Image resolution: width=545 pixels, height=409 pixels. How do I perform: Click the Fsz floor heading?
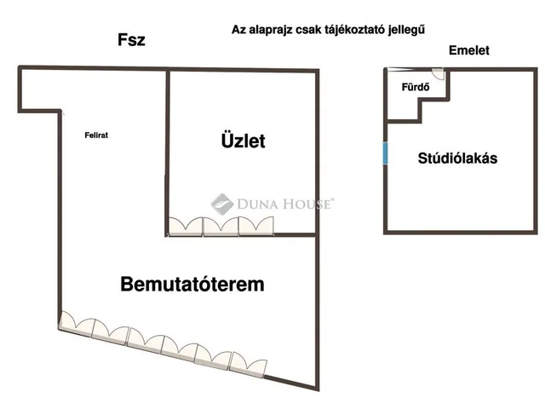click(x=131, y=40)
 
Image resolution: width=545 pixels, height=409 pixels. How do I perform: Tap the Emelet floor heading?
click(x=469, y=50)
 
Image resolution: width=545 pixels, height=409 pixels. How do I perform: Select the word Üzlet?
click(x=244, y=140)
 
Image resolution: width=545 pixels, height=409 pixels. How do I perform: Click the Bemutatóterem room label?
click(x=192, y=284)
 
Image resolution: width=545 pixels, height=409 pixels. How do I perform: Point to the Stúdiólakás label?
click(x=457, y=158)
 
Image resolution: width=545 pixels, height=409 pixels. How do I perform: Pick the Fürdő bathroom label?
click(x=416, y=87)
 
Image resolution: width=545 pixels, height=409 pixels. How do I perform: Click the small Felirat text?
click(x=96, y=135)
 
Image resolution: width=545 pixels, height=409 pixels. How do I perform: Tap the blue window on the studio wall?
click(x=385, y=153)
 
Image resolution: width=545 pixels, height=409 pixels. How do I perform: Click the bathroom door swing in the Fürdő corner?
click(x=438, y=74)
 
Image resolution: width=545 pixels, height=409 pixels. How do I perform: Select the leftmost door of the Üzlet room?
click(x=186, y=227)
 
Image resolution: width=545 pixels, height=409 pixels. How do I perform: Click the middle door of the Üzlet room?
click(x=221, y=227)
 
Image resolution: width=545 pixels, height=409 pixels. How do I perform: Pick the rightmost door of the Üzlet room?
click(x=256, y=226)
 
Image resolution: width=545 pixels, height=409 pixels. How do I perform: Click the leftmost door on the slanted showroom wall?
click(x=77, y=324)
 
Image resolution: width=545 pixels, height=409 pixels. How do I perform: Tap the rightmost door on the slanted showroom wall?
click(x=248, y=365)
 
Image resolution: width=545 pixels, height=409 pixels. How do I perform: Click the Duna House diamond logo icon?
click(x=221, y=204)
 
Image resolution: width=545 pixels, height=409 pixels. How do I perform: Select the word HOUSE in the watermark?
click(x=307, y=204)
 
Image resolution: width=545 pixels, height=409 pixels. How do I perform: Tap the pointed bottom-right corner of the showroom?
click(x=318, y=389)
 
